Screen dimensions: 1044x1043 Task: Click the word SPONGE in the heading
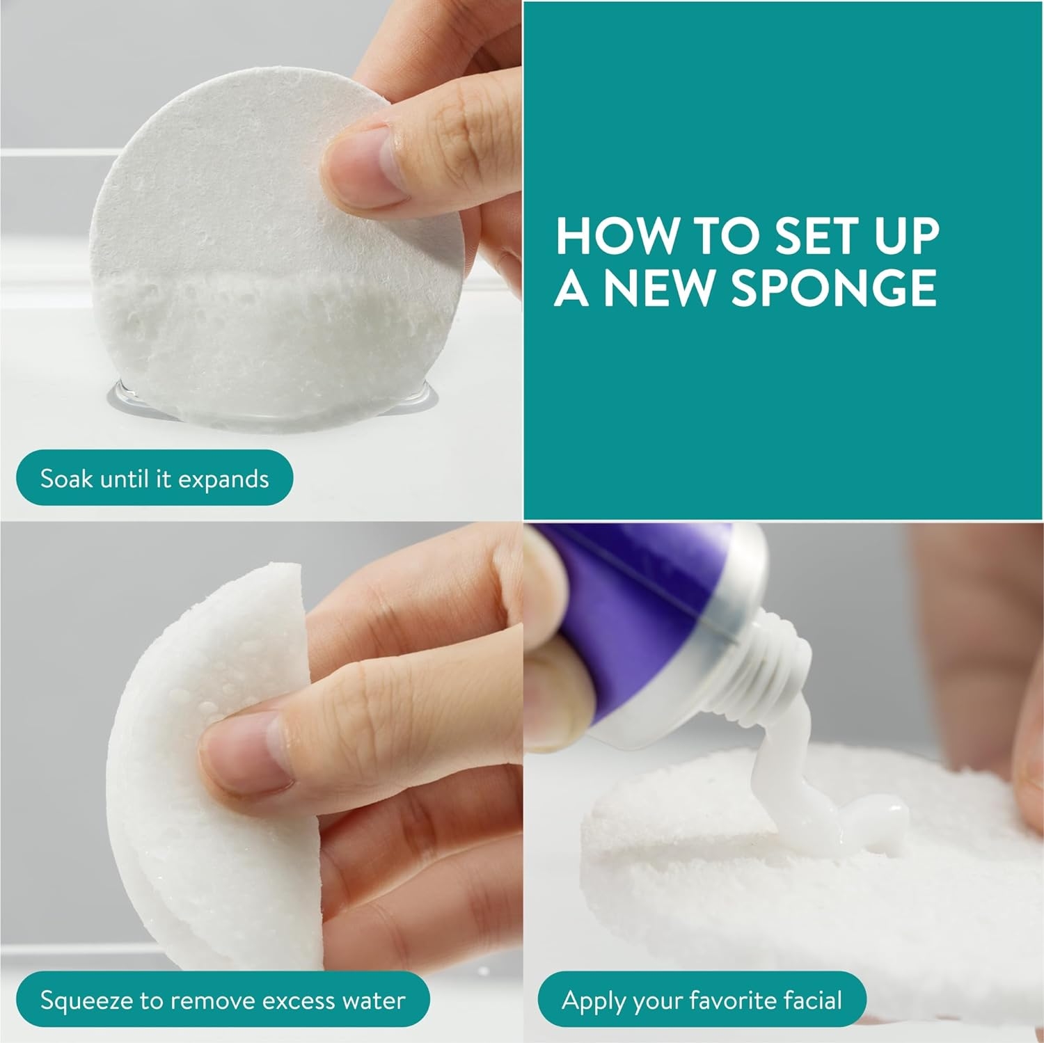click(833, 287)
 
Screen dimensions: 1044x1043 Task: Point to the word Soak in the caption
click(67, 479)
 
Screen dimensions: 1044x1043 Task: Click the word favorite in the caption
click(736, 1001)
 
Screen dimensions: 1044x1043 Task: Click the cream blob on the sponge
click(835, 800)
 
